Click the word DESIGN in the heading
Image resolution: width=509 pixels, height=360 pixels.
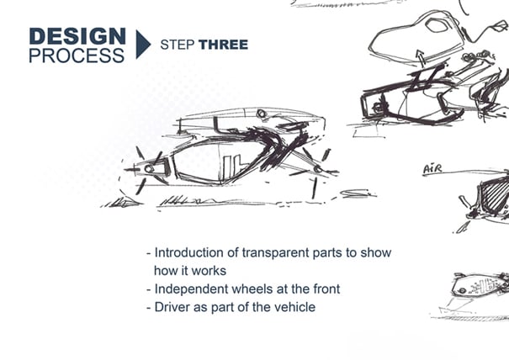77,36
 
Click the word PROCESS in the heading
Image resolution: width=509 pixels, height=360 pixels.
77,56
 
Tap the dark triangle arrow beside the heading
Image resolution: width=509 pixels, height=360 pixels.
142,45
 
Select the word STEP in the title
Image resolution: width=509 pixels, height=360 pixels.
177,45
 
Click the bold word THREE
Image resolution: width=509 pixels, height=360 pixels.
223,45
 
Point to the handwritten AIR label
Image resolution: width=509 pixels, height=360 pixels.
432,170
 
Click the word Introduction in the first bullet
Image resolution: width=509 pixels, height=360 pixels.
190,253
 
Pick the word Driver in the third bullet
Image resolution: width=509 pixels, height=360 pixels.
172,307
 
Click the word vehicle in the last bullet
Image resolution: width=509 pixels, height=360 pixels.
294,307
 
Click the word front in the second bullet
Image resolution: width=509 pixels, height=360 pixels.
324,289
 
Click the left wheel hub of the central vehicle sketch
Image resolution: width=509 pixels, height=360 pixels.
150,169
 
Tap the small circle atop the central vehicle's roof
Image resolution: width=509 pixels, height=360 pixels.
262,114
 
